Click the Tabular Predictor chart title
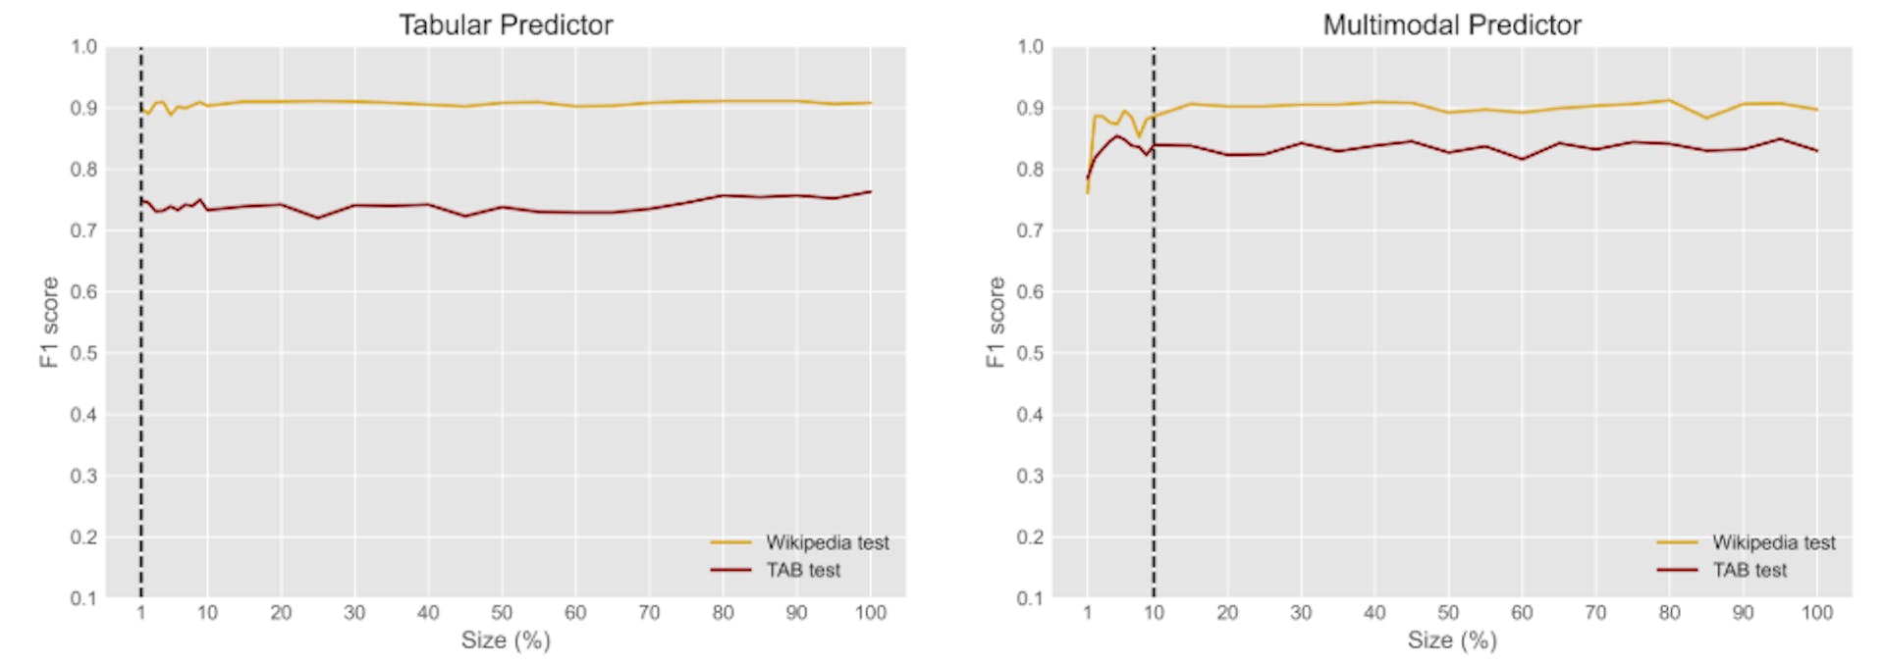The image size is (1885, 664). point(505,25)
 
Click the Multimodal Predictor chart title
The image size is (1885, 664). point(1451,25)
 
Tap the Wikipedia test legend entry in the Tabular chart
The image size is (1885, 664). point(827,542)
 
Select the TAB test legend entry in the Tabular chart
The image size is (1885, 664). point(803,570)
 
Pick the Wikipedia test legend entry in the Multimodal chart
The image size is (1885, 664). point(1773,542)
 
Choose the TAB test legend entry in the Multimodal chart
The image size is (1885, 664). point(1750,570)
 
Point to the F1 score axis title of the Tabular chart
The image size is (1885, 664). point(49,322)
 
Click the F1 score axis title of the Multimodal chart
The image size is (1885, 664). point(996,322)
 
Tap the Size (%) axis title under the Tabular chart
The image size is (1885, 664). point(506,640)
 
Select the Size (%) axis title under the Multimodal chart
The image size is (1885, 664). point(1452,640)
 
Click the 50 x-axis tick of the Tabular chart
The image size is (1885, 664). point(502,613)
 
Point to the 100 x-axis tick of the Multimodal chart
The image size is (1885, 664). point(1816,613)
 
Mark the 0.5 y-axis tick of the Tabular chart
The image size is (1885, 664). point(83,353)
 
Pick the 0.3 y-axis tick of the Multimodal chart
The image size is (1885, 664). point(1030,476)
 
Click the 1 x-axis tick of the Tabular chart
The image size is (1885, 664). point(140,613)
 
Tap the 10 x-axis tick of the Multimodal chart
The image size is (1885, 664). point(1154,613)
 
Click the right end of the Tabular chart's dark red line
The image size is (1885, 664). point(870,192)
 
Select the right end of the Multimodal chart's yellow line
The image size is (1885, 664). point(1816,110)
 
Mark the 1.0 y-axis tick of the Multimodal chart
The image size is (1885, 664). point(1030,47)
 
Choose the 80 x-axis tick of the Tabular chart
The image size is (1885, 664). point(723,613)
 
